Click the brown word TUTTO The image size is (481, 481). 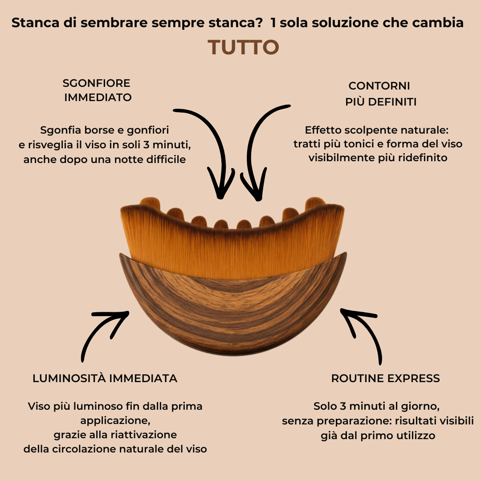point(243,48)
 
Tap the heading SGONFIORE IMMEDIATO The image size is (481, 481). point(97,90)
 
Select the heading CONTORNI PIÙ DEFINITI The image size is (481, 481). point(380,94)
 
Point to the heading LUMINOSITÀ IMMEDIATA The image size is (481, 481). point(105,379)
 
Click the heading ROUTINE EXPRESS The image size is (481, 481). point(385,379)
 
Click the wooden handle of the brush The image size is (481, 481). point(232,312)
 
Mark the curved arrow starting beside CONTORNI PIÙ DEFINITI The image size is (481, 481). point(258,143)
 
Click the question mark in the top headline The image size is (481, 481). point(259,23)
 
